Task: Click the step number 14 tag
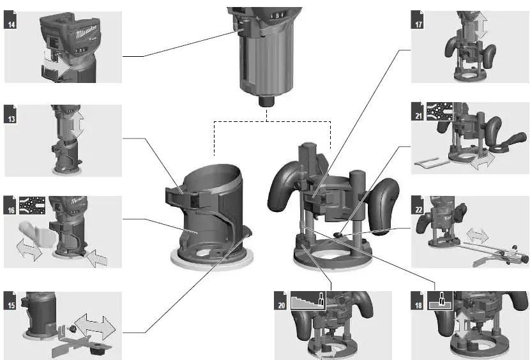coord(11,24)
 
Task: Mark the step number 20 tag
coord(282,305)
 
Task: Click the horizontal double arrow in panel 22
coord(478,236)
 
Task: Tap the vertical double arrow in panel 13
coord(76,125)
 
